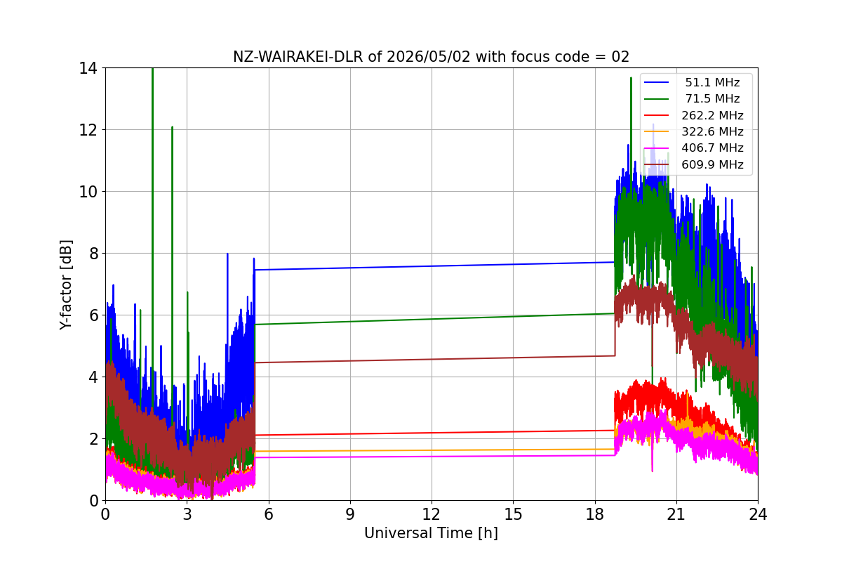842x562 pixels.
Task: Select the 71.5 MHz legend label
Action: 712,98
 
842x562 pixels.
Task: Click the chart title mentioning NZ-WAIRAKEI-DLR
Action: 431,57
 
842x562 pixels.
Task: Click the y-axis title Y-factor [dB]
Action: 65,285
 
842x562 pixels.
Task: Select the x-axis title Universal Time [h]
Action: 431,533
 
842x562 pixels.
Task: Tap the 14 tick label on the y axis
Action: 88,69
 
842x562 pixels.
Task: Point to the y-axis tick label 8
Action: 93,254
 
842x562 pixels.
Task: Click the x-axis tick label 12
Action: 432,514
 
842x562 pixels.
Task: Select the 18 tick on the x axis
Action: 595,514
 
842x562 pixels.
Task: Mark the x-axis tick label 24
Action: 758,514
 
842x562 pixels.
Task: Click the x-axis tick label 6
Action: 268,514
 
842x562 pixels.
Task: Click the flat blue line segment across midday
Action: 434,266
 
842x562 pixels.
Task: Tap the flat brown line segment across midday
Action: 434,359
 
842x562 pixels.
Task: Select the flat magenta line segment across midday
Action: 434,457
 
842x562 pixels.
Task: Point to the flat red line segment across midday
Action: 434,433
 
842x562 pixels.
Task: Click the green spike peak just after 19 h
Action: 631,77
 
